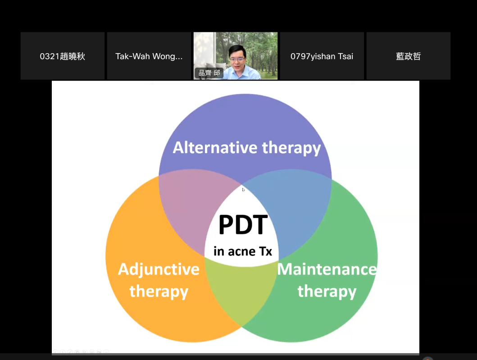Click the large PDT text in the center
[x=243, y=224]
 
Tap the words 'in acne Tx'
[x=243, y=251]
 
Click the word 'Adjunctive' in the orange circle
[x=159, y=270]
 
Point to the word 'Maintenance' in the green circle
[x=327, y=269]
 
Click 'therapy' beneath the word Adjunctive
[x=159, y=292]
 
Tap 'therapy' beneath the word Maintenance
[x=327, y=292]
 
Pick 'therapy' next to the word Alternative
[x=291, y=148]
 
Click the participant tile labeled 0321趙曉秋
[x=63, y=56]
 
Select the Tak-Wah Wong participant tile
[x=149, y=56]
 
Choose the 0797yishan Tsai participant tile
[x=322, y=56]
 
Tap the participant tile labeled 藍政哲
[x=408, y=56]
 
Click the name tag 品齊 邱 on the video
[x=209, y=73]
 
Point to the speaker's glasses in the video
[x=237, y=59]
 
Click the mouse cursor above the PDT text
[x=243, y=190]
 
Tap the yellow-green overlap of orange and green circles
[x=242, y=289]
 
